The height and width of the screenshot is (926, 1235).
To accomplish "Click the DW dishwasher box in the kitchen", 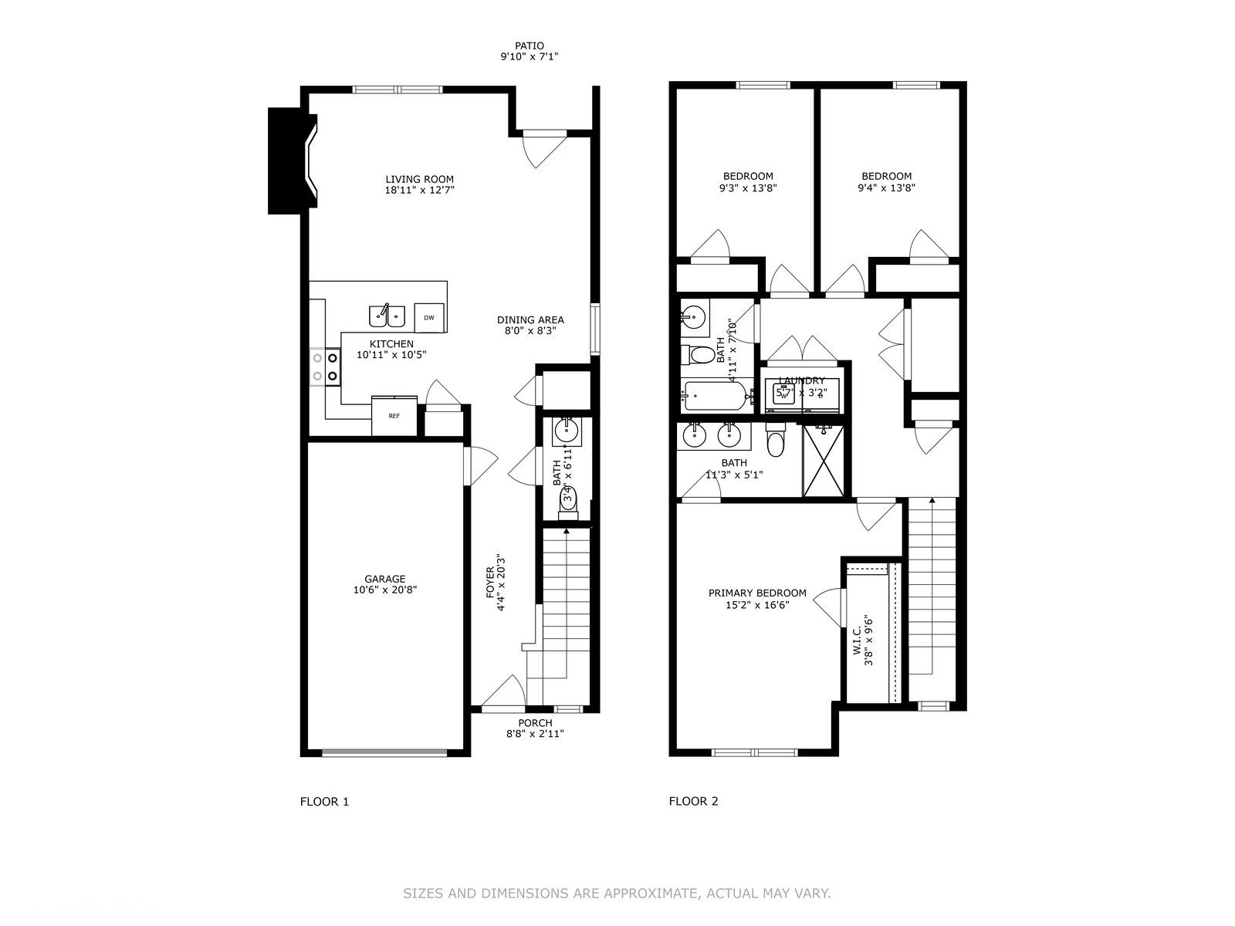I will coord(430,317).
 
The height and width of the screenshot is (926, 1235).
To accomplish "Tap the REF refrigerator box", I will coord(394,416).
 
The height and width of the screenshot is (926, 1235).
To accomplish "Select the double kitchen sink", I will coord(387,315).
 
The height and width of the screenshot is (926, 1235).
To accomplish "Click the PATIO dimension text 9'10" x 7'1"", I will coord(529,56).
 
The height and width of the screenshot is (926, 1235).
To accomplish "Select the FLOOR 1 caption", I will coord(324,802).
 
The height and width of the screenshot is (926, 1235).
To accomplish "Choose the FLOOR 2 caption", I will coord(693,802).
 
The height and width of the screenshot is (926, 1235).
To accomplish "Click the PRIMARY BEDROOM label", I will coord(757,593).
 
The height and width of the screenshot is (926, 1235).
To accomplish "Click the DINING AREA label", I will coord(530,319).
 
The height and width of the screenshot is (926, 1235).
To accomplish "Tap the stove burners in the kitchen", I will coord(326,367).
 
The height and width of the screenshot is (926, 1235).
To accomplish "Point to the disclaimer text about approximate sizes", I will coord(617,894).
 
